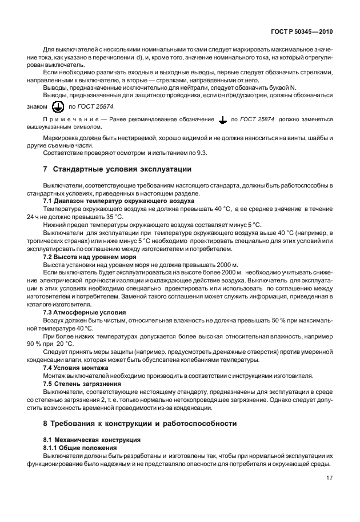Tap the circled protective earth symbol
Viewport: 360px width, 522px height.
pos(57,106)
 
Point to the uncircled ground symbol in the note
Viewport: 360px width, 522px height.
pos(222,120)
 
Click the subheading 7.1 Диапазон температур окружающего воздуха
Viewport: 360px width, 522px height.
pos(119,201)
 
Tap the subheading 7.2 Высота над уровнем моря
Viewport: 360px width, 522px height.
pos(90,257)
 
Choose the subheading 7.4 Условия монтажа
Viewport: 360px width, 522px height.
pos(77,368)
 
